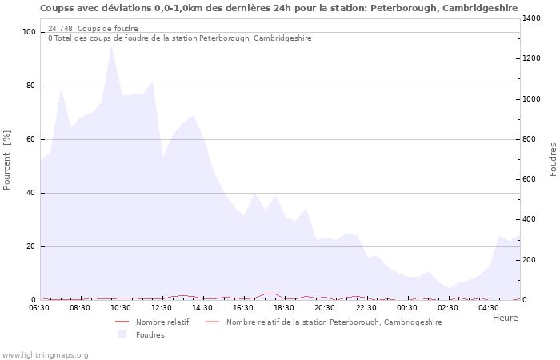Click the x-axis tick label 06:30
(39, 308)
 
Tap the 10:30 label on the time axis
(121, 308)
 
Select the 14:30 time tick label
(202, 308)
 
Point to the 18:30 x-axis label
(284, 308)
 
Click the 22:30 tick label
(366, 308)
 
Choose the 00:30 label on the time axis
(406, 308)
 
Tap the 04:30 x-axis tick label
(488, 308)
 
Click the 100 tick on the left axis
(30, 32)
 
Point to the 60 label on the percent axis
(31, 139)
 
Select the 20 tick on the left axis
(31, 246)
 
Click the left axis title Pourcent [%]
(7, 160)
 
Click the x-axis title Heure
(505, 318)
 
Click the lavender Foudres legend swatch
(122, 334)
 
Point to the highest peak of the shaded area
(111, 46)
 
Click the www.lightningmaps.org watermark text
(45, 354)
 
